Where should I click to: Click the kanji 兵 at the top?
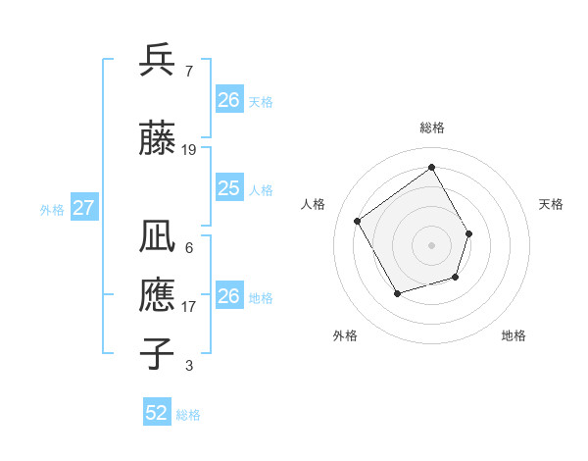click(x=158, y=60)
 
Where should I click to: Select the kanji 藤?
click(x=158, y=138)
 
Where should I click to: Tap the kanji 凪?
click(x=158, y=238)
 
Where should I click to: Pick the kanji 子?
click(x=158, y=354)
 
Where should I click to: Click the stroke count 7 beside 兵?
click(x=188, y=71)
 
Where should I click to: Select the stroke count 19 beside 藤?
click(x=189, y=150)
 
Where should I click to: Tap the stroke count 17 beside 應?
click(x=189, y=307)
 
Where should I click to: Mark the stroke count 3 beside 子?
click(x=188, y=366)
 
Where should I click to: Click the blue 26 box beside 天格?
click(x=228, y=100)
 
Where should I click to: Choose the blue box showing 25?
click(x=228, y=188)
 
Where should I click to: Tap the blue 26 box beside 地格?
click(x=228, y=296)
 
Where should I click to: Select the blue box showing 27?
click(x=83, y=208)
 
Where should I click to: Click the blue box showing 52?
click(x=156, y=413)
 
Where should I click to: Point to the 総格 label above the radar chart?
click(x=431, y=128)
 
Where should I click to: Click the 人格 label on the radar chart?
click(x=314, y=204)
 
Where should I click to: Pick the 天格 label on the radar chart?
click(x=551, y=204)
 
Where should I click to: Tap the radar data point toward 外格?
click(x=397, y=293)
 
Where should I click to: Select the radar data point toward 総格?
click(x=431, y=167)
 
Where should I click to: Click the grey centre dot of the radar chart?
click(x=431, y=244)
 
